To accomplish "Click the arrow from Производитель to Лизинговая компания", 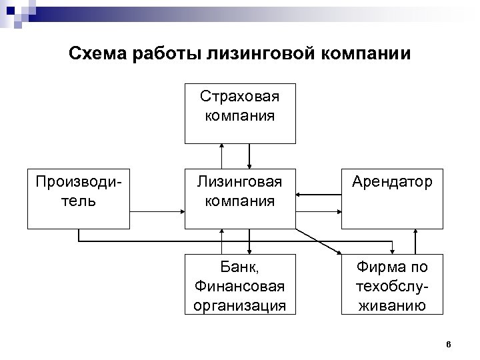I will tap(157, 212).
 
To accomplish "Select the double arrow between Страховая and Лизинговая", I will tap(249, 155).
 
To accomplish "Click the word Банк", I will tap(240, 267).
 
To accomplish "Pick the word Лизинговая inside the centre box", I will tap(240, 181).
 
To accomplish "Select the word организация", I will tap(240, 306).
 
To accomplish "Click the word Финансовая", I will tap(240, 287).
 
